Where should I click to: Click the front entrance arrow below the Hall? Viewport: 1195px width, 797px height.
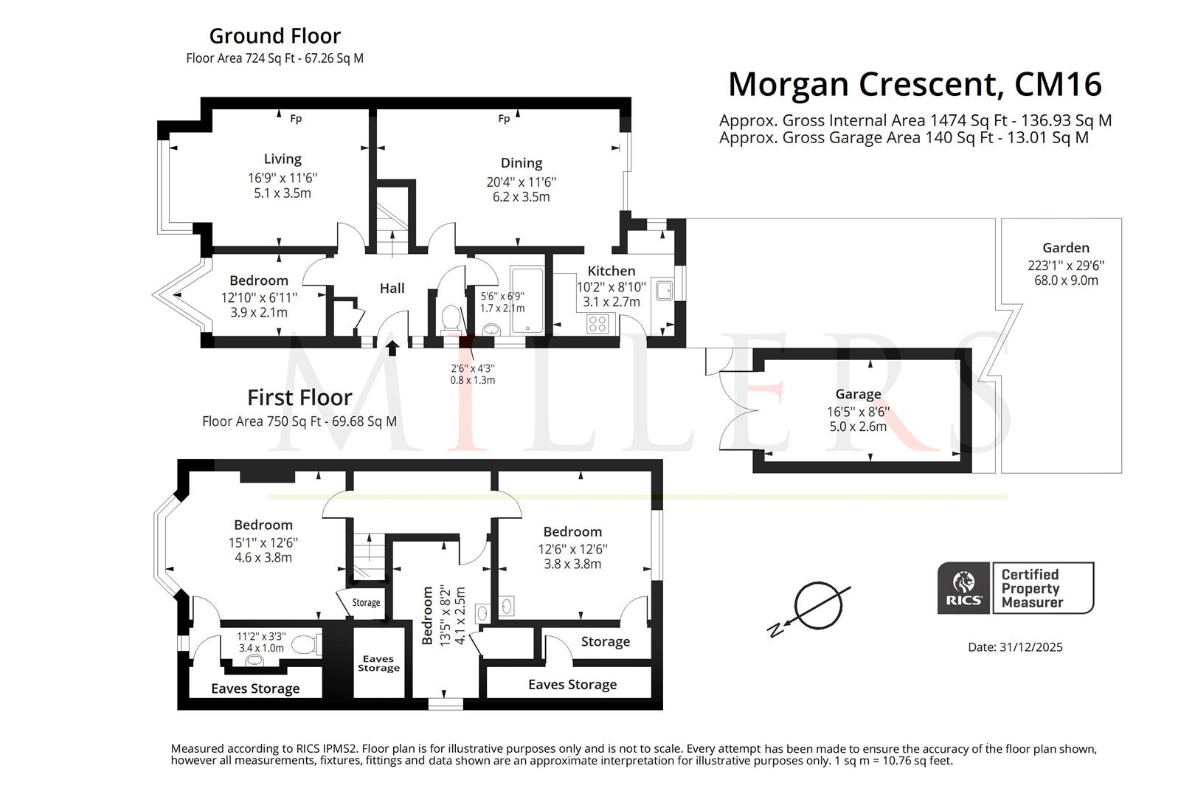pos(392,348)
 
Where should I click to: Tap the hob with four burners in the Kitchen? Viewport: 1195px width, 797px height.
pos(597,323)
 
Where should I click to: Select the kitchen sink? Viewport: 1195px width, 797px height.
pos(664,291)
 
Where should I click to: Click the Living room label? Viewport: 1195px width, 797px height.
pos(283,159)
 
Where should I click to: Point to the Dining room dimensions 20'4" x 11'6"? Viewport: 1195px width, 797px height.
pos(522,182)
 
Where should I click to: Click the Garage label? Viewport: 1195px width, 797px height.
pos(858,394)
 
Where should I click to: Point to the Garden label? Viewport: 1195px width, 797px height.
pos(1066,248)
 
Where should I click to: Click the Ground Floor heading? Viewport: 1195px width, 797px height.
pos(274,35)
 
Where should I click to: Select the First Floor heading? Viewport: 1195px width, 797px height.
pos(299,398)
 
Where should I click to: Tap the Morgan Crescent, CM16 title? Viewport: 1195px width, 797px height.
pos(915,84)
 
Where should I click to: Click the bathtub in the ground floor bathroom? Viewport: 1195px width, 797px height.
pos(527,300)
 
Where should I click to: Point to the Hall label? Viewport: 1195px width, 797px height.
pos(392,289)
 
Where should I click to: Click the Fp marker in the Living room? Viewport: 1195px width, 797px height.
pos(296,119)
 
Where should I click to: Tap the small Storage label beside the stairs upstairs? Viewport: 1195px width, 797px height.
pos(366,603)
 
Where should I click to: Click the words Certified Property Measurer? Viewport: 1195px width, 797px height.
pos(1032,588)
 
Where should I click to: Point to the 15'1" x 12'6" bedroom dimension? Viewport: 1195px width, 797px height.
pos(263,542)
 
